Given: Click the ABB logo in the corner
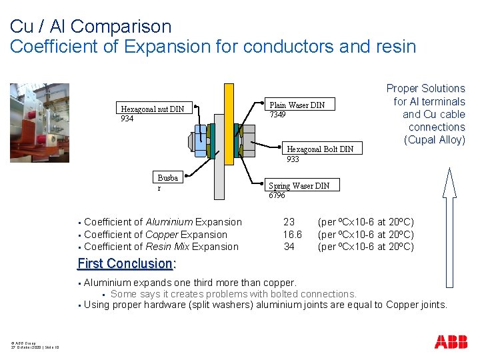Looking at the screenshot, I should pos(451,342).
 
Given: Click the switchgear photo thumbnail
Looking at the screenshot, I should pos(39,122).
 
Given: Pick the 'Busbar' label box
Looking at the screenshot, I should pos(168,183).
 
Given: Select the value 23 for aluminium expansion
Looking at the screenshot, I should pos(289,222).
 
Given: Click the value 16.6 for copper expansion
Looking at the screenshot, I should pos(292,235).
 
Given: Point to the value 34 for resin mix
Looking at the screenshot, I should pos(289,247).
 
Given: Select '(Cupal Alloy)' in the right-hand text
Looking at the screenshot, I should pos(434,140).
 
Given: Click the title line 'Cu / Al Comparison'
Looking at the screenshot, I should pos(91,27).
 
